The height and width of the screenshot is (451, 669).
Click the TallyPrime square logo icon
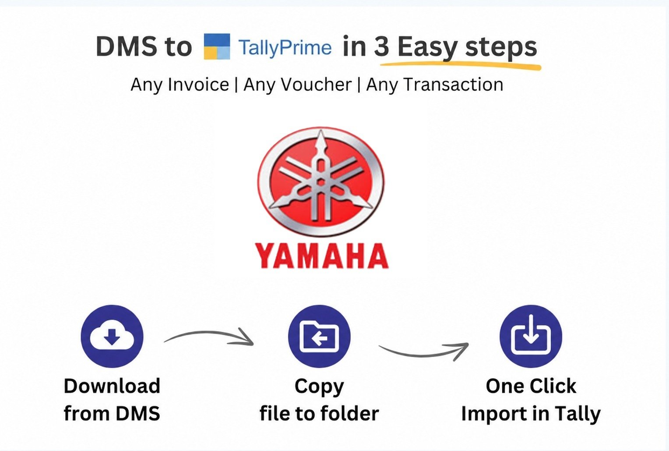pyautogui.click(x=217, y=46)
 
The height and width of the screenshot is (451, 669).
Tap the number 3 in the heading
pyautogui.click(x=381, y=46)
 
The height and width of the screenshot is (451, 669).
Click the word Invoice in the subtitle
pyautogui.click(x=198, y=84)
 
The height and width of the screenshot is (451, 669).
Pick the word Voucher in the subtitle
pyautogui.click(x=297, y=84)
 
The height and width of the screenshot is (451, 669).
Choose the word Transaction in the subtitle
pyautogui.click(x=435, y=84)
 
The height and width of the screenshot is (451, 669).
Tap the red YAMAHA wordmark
pyautogui.click(x=322, y=256)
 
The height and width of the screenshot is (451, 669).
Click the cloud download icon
pyautogui.click(x=112, y=336)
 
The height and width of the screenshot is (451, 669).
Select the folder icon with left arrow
pyautogui.click(x=319, y=336)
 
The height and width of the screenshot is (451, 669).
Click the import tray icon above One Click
pyautogui.click(x=531, y=336)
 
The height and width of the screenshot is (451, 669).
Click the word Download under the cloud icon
pyautogui.click(x=112, y=386)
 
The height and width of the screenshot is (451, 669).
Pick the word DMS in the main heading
pyautogui.click(x=127, y=46)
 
